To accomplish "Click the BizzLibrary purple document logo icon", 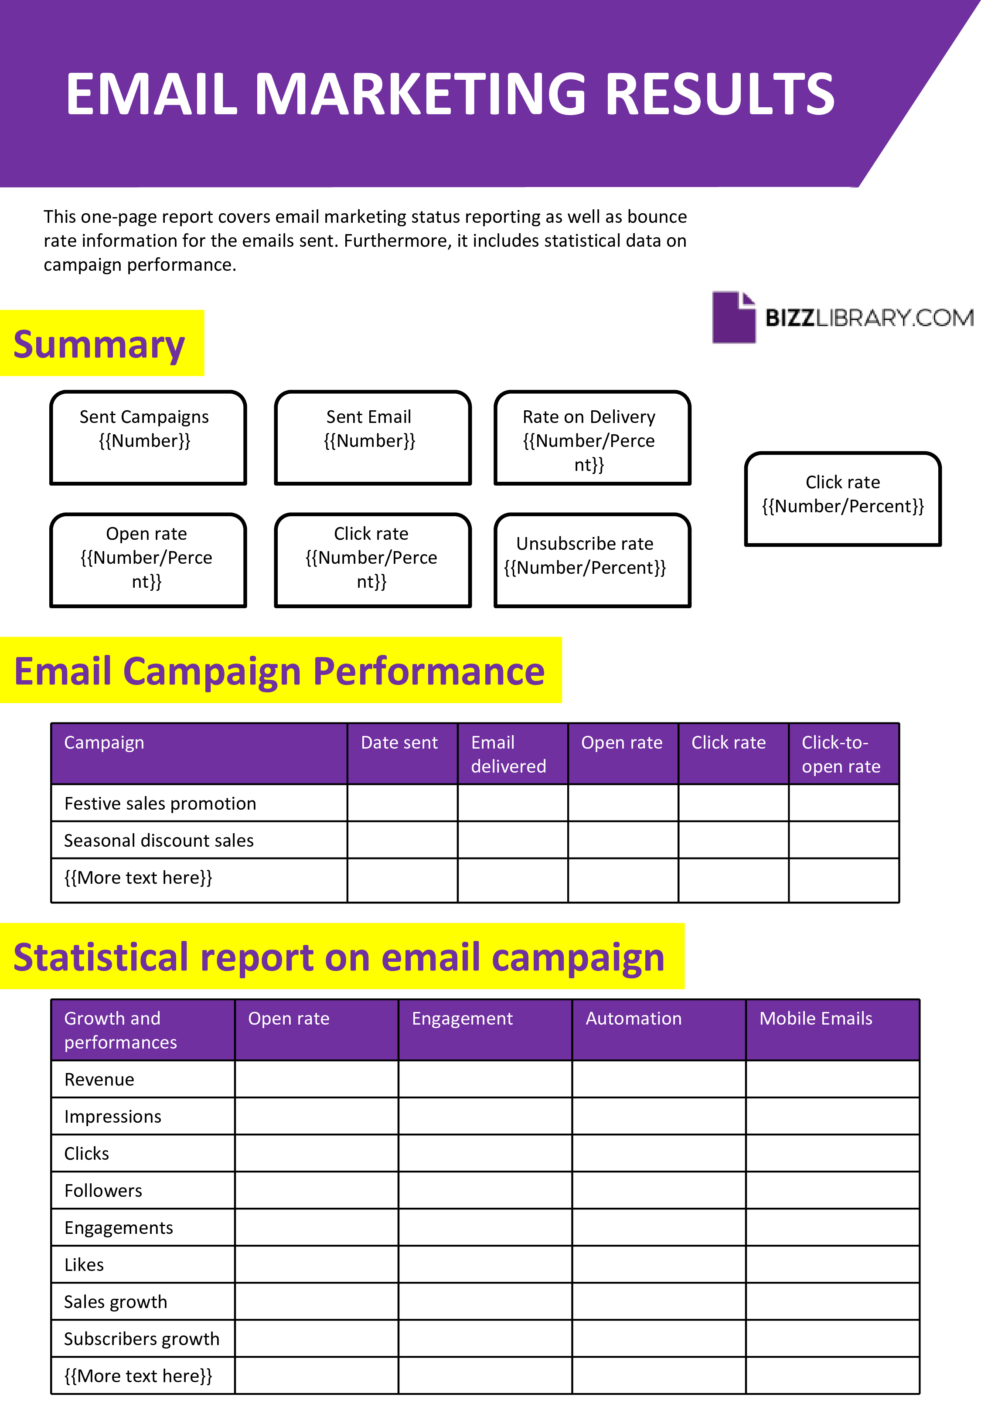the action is coord(733,317).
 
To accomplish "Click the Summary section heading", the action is coord(99,344).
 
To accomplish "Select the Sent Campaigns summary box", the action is coord(148,437).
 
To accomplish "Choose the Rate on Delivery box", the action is coord(593,437).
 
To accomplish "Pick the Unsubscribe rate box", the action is coord(593,560).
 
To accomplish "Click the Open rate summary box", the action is coord(148,560).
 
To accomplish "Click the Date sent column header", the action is coord(399,743).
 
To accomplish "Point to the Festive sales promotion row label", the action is coord(160,803).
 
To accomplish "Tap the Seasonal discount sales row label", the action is coord(159,840).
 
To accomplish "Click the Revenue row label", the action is coord(99,1079).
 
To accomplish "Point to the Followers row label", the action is coord(103,1190).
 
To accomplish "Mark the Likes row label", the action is coord(84,1264).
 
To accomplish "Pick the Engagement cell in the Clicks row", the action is coord(485,1153).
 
